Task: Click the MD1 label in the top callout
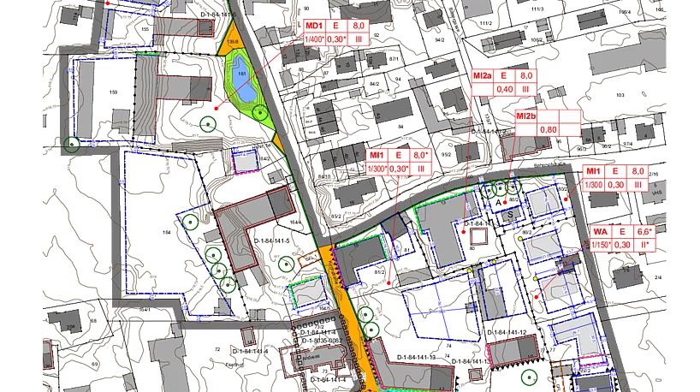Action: tap(313, 27)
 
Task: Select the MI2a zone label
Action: tap(483, 76)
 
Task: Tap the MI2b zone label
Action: tap(525, 116)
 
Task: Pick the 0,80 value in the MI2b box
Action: tap(548, 129)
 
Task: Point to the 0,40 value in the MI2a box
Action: tap(505, 89)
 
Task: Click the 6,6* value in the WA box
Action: tap(644, 232)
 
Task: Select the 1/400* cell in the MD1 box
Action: tap(313, 39)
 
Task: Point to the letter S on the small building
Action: tap(510, 214)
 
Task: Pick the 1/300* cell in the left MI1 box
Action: tap(377, 169)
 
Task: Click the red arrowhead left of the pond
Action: tap(219, 109)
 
